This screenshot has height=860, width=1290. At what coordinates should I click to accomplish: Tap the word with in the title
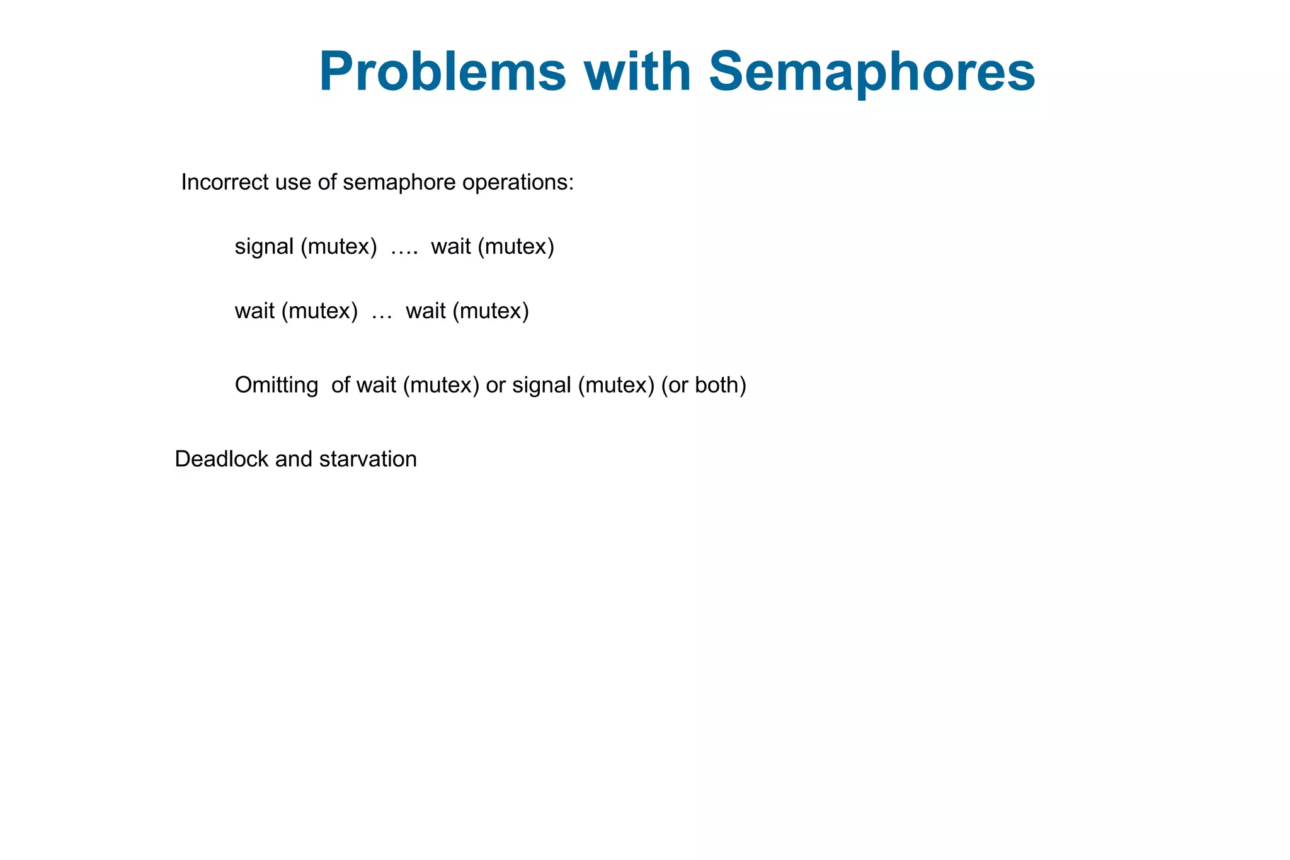click(x=637, y=72)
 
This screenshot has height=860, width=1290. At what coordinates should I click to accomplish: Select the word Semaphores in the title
click(x=872, y=72)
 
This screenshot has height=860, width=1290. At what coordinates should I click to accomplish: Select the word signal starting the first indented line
click(x=264, y=247)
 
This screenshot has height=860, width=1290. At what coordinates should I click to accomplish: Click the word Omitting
click(x=277, y=385)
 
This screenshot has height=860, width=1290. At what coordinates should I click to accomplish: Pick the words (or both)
click(x=704, y=385)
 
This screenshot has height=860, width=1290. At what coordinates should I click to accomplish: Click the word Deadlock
click(x=222, y=459)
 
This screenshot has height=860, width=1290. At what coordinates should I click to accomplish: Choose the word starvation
click(x=368, y=459)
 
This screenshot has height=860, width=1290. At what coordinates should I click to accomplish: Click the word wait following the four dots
click(x=451, y=247)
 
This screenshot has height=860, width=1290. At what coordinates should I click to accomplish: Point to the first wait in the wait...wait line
click(x=254, y=311)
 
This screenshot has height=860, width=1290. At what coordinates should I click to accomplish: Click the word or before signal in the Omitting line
click(x=496, y=385)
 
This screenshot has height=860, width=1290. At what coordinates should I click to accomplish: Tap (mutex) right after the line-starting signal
click(x=338, y=247)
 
